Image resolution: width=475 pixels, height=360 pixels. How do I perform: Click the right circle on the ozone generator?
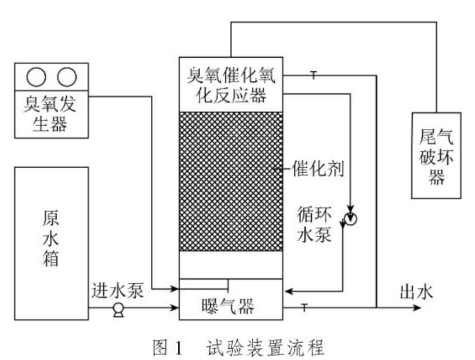pos(66,77)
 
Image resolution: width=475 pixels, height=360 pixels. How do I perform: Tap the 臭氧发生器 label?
pos(51,113)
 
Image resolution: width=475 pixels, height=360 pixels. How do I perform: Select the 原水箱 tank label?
pos(50,238)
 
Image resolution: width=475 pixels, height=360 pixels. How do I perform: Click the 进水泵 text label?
pos(118,291)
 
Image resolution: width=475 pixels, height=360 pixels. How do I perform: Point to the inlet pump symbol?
pos(118,308)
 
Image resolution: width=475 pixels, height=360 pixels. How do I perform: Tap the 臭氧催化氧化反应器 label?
pos(230,85)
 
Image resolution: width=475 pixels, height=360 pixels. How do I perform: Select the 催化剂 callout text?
pos(317,168)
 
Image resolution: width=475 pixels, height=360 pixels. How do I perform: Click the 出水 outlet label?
pos(416,291)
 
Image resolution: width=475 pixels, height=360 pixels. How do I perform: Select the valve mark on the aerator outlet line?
pos(304,307)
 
